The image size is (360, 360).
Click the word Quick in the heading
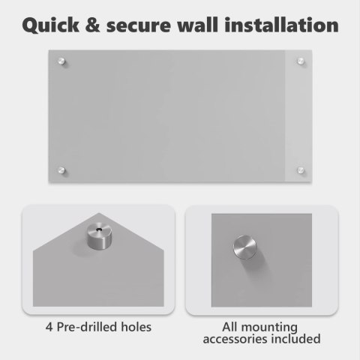pyautogui.click(x=51, y=25)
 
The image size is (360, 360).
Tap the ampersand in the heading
pyautogui.click(x=92, y=25)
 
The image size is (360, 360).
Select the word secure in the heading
pyautogui.click(x=139, y=27)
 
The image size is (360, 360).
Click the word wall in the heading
pyautogui.click(x=197, y=25)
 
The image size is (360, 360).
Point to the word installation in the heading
pyautogui.click(x=281, y=25)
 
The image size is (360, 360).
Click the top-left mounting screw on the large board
pyautogui.click(x=61, y=61)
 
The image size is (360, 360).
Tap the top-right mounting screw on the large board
pyautogui.click(x=301, y=61)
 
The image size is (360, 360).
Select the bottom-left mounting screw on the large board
pyautogui.click(x=61, y=170)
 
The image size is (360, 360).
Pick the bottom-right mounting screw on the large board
pyautogui.click(x=301, y=170)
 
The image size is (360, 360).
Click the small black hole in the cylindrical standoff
pyautogui.click(x=100, y=229)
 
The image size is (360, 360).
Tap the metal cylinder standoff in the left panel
pyautogui.click(x=100, y=236)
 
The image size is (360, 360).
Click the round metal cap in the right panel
pyautogui.click(x=245, y=247)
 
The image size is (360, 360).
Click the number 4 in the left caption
pyautogui.click(x=49, y=327)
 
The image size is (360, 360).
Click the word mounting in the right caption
pyautogui.click(x=269, y=328)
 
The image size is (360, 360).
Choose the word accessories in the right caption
pyautogui.click(x=235, y=339)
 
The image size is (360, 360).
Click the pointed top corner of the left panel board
pyautogui.click(x=99, y=213)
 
